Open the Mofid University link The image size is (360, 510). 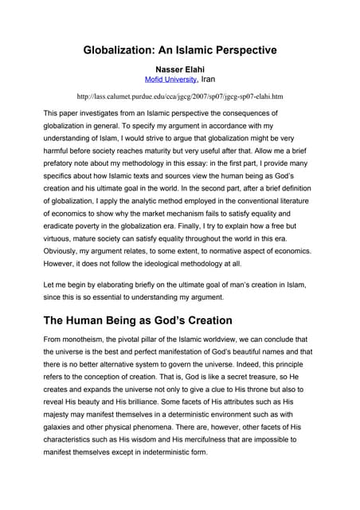click(x=170, y=80)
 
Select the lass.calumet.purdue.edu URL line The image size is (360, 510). click(x=179, y=96)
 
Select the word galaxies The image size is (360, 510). click(x=64, y=436)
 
